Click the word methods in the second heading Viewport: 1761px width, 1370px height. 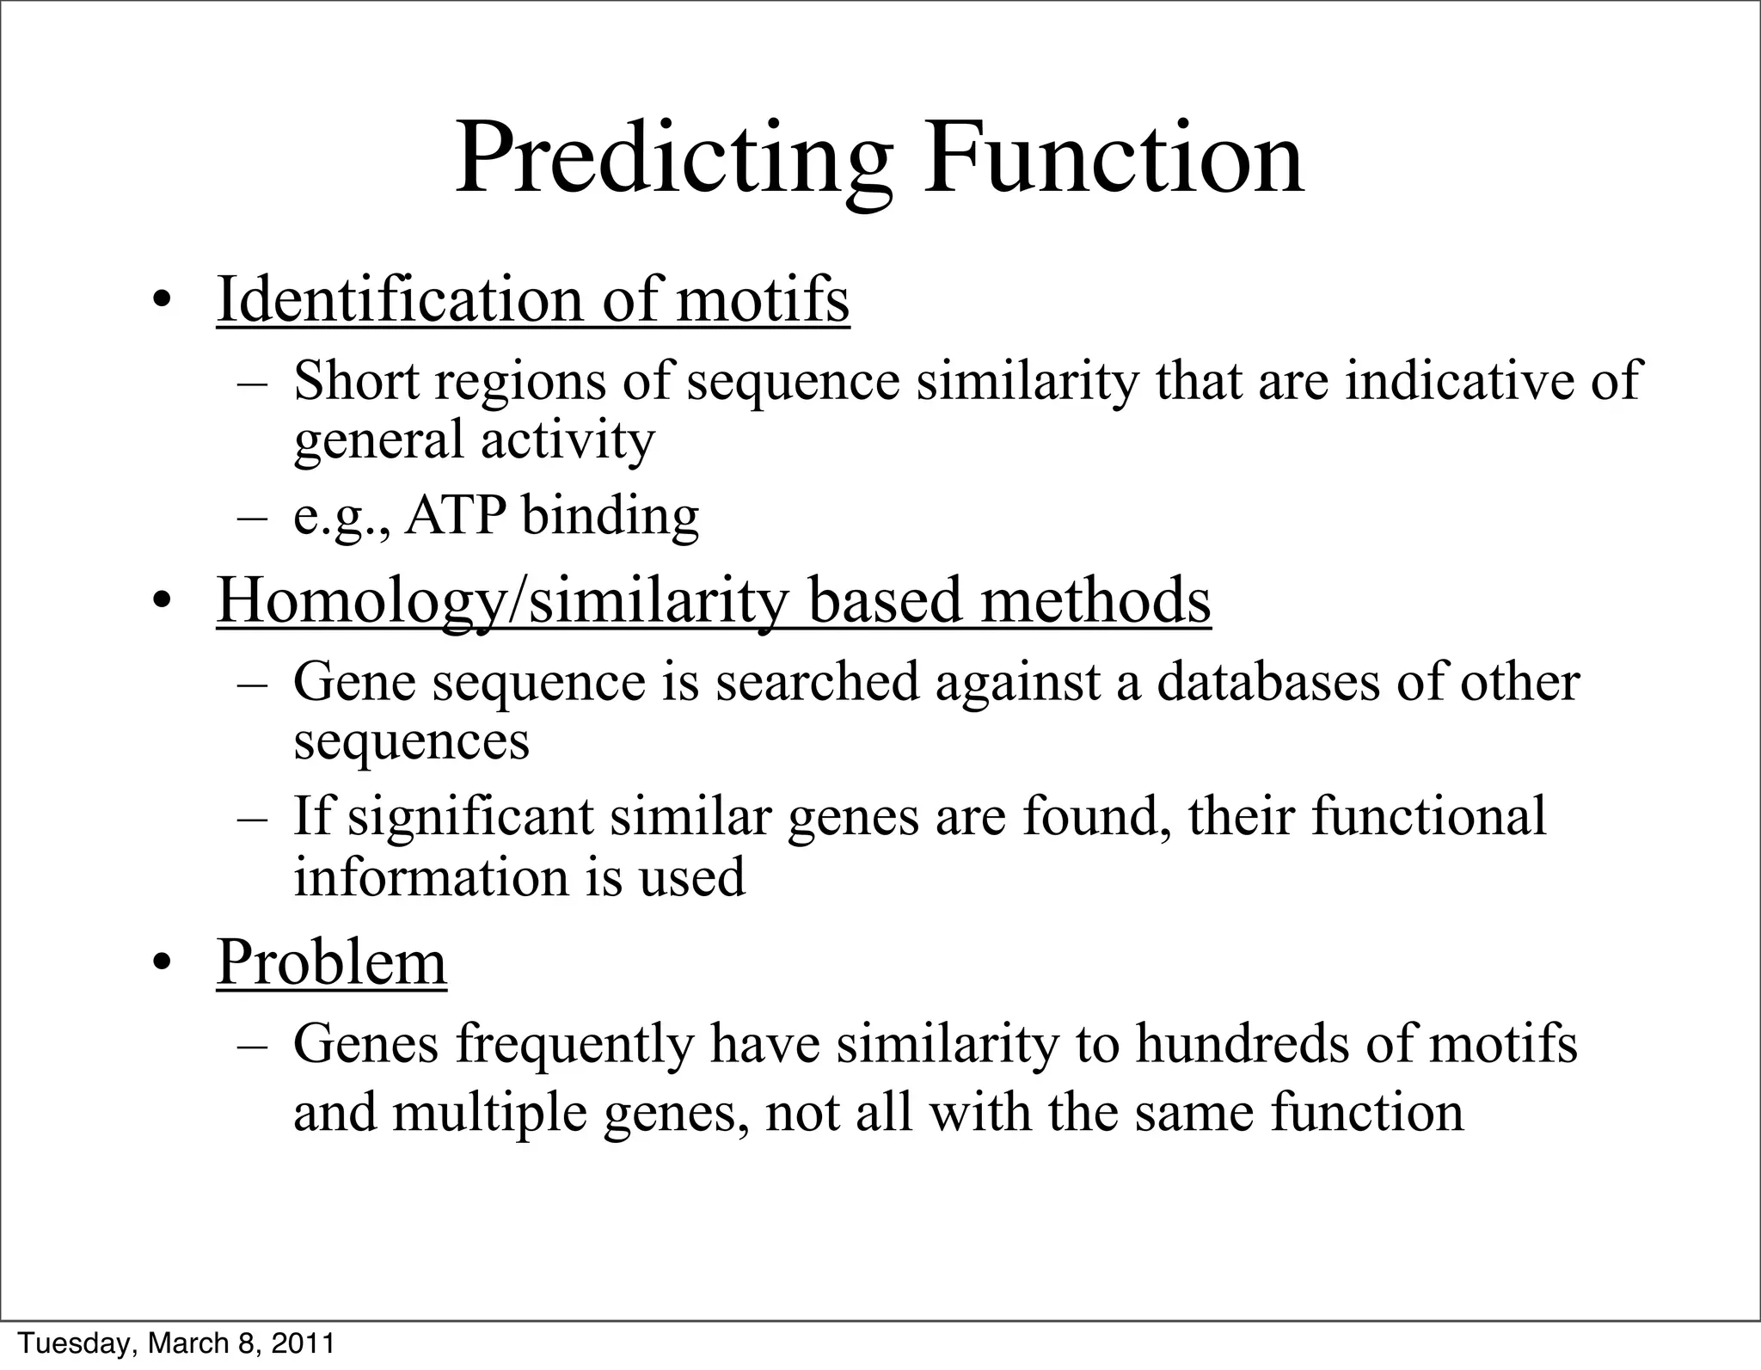click(1095, 600)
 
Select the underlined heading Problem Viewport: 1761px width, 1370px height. click(331, 961)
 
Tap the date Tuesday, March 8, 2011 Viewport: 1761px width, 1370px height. click(176, 1343)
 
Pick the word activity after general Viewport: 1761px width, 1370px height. click(568, 440)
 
